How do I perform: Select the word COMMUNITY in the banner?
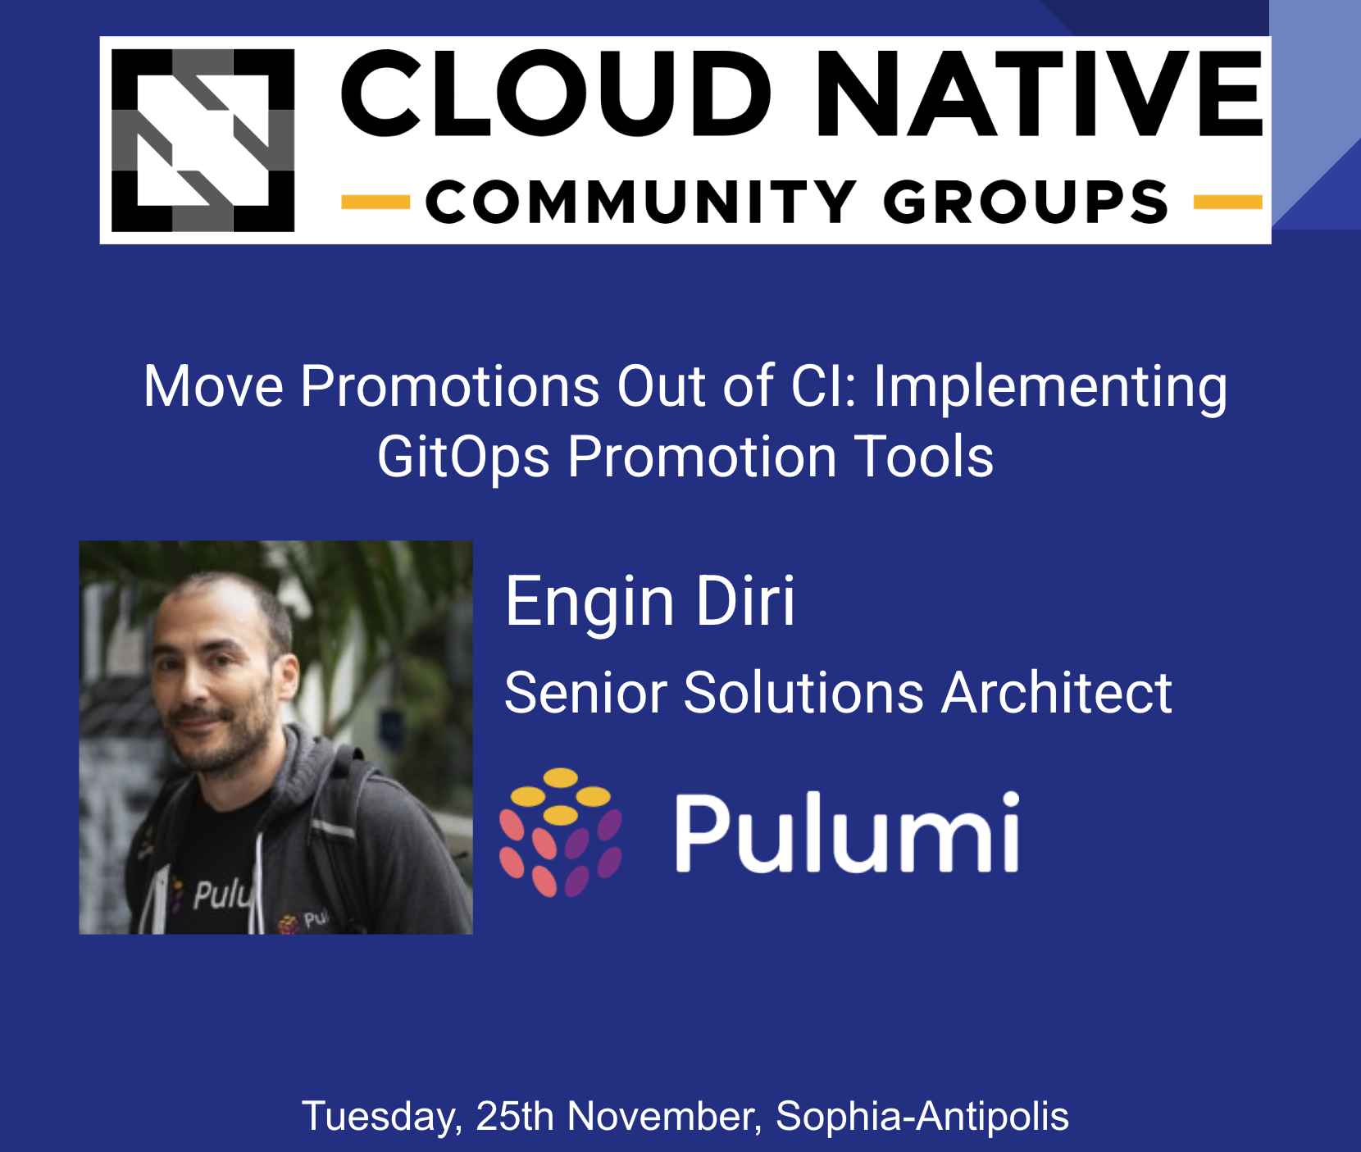pos(640,203)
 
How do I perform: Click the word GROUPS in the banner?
pos(1025,203)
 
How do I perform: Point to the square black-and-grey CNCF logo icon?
pos(203,140)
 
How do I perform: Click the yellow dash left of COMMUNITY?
pos(375,202)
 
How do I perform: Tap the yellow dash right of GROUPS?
pos(1227,202)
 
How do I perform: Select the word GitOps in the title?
pos(463,457)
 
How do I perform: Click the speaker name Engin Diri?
pos(649,601)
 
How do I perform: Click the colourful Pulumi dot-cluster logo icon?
pos(561,831)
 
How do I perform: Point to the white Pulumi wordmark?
pos(847,833)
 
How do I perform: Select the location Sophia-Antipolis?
pos(922,1116)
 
